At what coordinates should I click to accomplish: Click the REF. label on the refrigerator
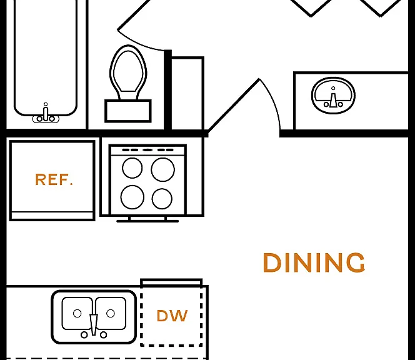coord(54,179)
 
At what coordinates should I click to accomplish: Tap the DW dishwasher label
coord(172,316)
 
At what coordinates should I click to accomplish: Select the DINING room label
coord(314,262)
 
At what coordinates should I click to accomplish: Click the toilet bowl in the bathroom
coord(128,72)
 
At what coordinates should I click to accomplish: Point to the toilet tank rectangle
coord(128,111)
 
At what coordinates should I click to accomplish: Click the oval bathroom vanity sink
coord(334,96)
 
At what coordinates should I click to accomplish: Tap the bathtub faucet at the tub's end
coord(46,114)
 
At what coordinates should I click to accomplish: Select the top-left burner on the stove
coord(132,168)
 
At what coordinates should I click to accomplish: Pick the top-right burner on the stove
coord(162,169)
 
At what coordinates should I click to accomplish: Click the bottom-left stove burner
coord(132,197)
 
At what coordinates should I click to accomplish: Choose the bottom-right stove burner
coord(162,199)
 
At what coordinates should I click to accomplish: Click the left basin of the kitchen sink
coord(77,313)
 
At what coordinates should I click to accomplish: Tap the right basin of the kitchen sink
coord(111,313)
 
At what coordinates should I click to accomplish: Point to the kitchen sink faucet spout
coord(94,324)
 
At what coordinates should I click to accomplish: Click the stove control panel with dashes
coord(147,150)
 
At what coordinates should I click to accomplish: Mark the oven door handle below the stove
coord(147,221)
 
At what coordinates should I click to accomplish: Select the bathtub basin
coord(46,57)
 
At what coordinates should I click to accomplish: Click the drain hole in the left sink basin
coord(77,313)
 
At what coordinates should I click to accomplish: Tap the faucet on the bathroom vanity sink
coord(334,99)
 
